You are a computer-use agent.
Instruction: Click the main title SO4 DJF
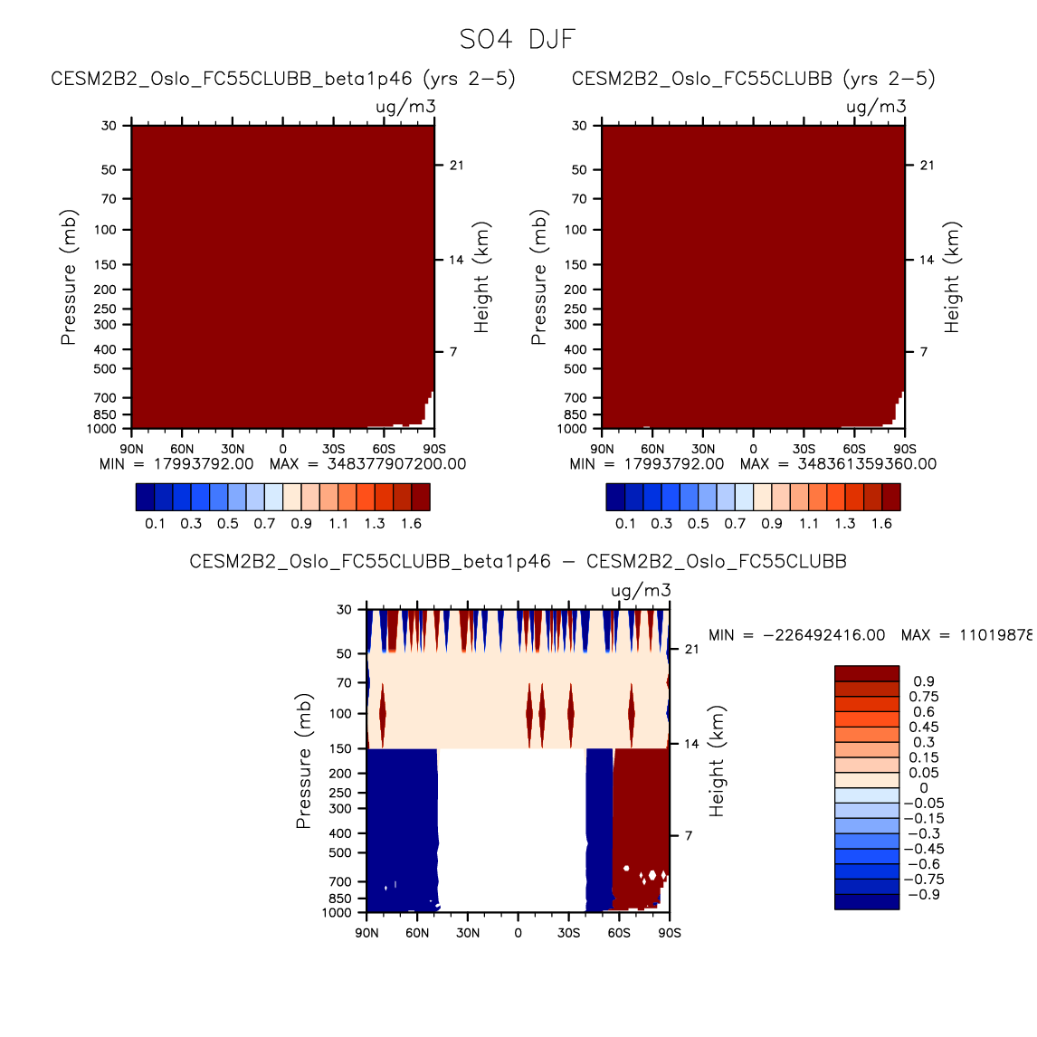click(518, 40)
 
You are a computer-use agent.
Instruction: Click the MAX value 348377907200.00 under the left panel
click(367, 464)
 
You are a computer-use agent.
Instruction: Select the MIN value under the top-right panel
click(647, 464)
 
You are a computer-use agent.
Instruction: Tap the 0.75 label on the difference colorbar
click(924, 697)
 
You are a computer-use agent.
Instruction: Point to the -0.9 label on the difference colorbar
click(923, 894)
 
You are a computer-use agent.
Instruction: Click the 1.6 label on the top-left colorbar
click(411, 523)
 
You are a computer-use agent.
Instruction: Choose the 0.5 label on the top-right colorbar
click(698, 523)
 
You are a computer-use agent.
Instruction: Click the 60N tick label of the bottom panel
click(417, 933)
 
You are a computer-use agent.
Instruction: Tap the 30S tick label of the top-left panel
click(333, 449)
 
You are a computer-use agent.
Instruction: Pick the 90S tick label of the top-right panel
click(905, 449)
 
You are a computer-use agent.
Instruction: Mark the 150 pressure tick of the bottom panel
click(340, 748)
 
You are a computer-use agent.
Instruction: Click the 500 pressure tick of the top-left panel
click(105, 369)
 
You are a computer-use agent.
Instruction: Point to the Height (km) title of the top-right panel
click(952, 277)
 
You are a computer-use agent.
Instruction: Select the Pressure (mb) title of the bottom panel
click(303, 761)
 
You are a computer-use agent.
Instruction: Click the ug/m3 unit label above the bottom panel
click(641, 591)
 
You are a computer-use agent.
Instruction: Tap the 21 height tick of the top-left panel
click(457, 166)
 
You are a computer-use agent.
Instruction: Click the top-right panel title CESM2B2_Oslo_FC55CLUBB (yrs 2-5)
click(754, 79)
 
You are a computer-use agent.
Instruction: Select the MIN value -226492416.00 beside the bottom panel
click(796, 635)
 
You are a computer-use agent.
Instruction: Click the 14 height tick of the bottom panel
click(691, 744)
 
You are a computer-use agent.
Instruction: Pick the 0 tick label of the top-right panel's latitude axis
click(753, 449)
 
